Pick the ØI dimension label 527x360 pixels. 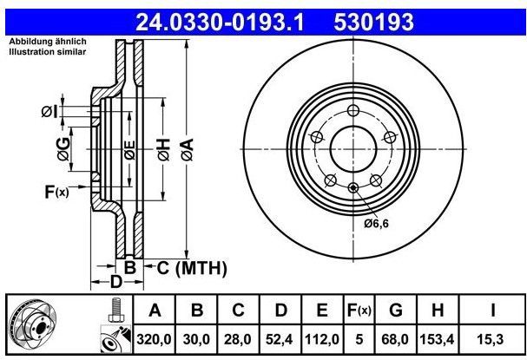tap(49, 111)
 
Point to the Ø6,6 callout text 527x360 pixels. tap(376, 224)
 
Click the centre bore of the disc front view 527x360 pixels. tap(352, 149)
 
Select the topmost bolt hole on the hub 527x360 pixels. tap(352, 110)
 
